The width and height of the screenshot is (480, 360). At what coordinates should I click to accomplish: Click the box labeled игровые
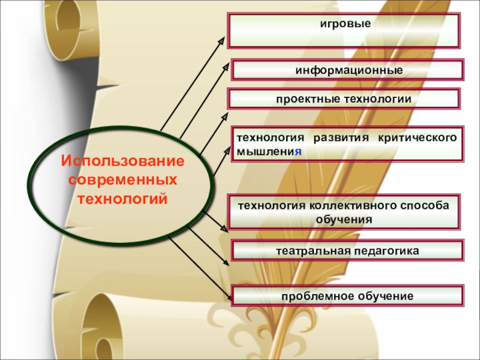pyautogui.click(x=345, y=30)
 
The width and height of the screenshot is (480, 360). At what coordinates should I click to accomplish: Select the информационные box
pyautogui.click(x=348, y=70)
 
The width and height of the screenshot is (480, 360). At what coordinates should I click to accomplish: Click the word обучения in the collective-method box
pyautogui.click(x=344, y=220)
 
